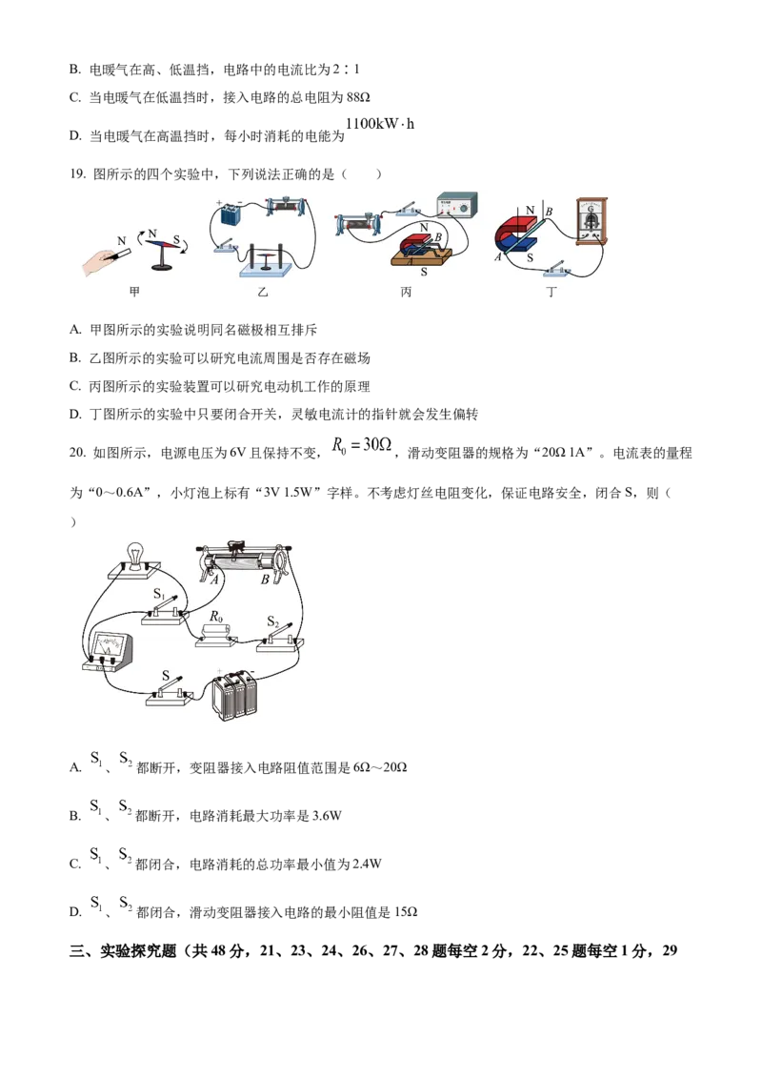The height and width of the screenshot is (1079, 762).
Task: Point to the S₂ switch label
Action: (273, 621)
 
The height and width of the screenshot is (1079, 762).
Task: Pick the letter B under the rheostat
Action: (265, 579)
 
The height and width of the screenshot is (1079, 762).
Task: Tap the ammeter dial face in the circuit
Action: (108, 643)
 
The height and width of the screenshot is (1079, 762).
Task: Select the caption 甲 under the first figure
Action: (133, 292)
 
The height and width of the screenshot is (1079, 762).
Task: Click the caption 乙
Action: (263, 292)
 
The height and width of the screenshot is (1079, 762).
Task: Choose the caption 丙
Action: (407, 292)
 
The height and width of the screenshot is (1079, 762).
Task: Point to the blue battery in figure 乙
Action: (231, 214)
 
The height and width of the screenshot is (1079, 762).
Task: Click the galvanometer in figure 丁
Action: (592, 221)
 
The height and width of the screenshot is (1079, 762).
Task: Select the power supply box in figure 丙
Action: (456, 205)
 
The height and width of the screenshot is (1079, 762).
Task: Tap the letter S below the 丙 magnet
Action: (424, 272)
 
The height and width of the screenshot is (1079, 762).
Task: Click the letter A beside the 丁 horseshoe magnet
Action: (497, 257)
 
